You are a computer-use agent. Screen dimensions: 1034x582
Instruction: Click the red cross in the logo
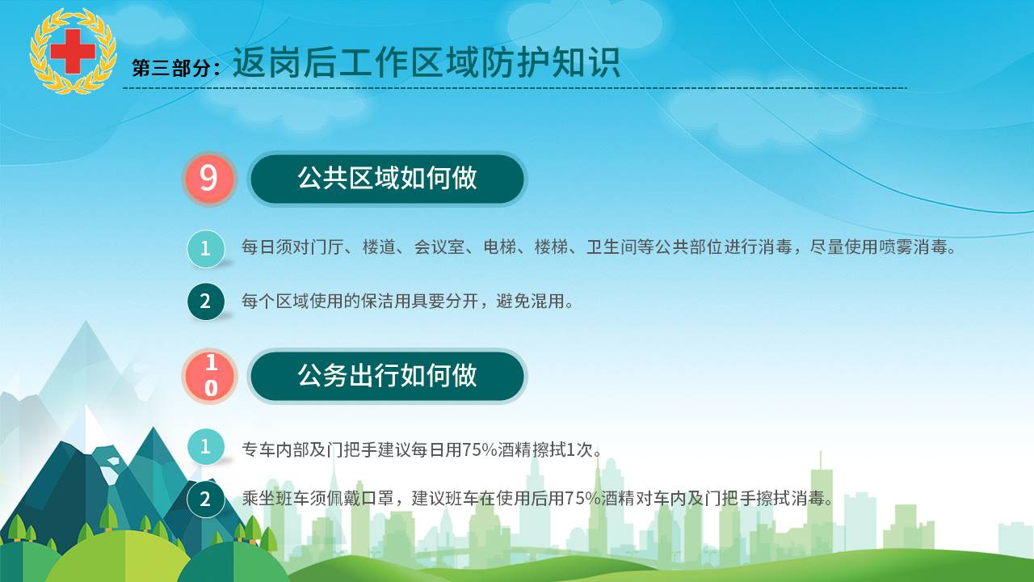click(73, 51)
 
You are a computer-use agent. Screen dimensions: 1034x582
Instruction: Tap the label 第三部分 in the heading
click(171, 68)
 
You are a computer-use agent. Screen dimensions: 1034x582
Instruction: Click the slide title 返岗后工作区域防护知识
click(426, 62)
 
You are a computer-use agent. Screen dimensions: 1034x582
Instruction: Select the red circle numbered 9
click(209, 179)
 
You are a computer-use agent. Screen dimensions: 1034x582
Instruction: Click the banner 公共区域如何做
click(387, 179)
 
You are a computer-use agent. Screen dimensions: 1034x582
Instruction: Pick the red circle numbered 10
click(210, 376)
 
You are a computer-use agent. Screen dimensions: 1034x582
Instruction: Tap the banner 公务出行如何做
click(387, 376)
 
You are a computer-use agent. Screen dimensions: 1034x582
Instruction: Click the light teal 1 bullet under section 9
click(206, 248)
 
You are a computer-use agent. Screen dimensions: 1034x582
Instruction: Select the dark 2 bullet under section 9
click(206, 302)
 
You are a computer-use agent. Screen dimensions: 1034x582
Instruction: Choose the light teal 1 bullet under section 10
click(206, 447)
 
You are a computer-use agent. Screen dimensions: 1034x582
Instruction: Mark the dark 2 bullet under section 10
click(206, 499)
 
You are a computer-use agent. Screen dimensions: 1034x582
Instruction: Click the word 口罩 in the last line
click(378, 499)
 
